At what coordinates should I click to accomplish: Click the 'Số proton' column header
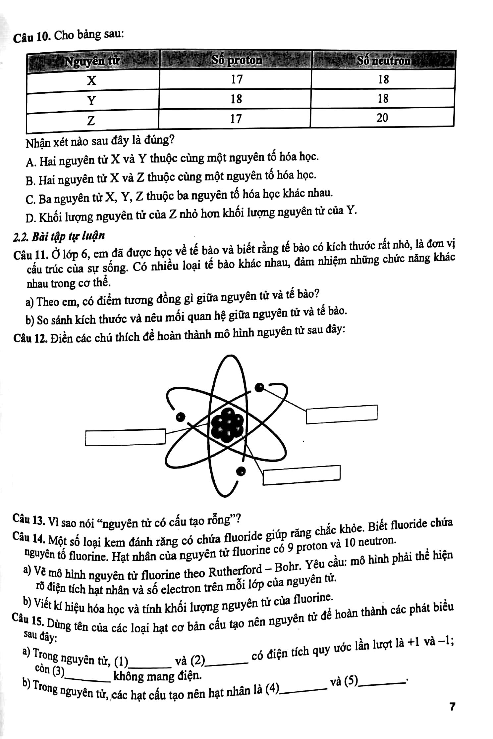[x=237, y=60]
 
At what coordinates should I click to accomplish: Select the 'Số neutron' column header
[x=383, y=61]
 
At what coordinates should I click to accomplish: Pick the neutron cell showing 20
[x=382, y=118]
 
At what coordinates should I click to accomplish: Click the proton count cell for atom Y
[x=236, y=99]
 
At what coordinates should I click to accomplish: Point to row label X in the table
[x=92, y=80]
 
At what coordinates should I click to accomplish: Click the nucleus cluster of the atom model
[x=227, y=425]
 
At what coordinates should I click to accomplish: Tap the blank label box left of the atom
[x=125, y=437]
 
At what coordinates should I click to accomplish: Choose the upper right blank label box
[x=342, y=414]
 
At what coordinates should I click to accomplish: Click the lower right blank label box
[x=301, y=474]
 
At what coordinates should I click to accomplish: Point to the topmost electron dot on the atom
[x=260, y=387]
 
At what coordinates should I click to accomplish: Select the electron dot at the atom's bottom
[x=242, y=470]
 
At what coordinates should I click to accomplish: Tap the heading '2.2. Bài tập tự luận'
[x=59, y=236]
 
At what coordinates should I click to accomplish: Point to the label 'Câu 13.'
[x=29, y=518]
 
